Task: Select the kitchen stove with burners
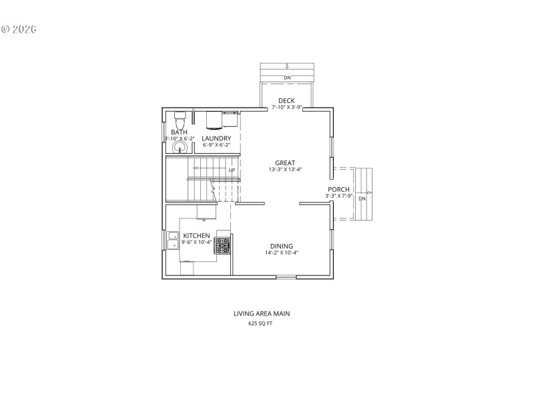click(222, 245)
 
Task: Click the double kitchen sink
click(172, 239)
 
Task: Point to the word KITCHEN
click(197, 235)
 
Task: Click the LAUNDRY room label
click(216, 138)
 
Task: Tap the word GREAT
click(285, 162)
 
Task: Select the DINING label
click(281, 245)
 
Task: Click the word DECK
click(286, 101)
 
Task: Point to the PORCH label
click(338, 189)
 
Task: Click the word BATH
click(179, 132)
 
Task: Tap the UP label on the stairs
click(232, 170)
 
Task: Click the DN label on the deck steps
click(287, 78)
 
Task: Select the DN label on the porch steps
click(362, 198)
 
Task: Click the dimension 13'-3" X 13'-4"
click(285, 170)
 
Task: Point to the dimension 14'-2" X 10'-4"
click(281, 253)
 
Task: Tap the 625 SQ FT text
click(260, 323)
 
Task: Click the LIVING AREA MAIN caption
click(261, 313)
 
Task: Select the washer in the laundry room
click(214, 120)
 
